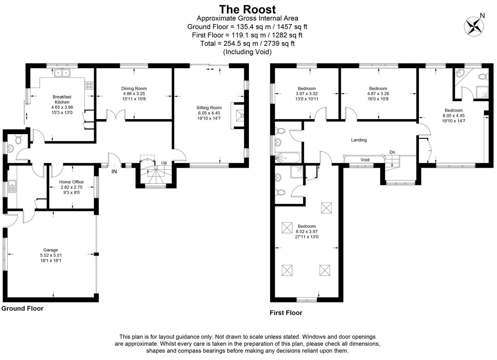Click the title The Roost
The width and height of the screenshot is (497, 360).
pyautogui.click(x=247, y=10)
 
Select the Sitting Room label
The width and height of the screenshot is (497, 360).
pyautogui.click(x=209, y=108)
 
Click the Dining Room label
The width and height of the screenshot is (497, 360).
pyautogui.click(x=134, y=88)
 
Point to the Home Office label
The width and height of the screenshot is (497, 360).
pyautogui.click(x=71, y=182)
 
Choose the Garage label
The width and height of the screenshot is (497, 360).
pyautogui.click(x=50, y=250)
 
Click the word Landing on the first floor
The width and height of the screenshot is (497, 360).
pyautogui.click(x=359, y=140)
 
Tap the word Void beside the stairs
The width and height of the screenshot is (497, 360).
pyautogui.click(x=365, y=160)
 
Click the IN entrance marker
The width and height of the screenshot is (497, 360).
pyautogui.click(x=114, y=171)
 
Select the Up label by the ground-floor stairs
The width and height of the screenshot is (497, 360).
pyautogui.click(x=164, y=163)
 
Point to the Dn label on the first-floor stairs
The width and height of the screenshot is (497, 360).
pyautogui.click(x=392, y=152)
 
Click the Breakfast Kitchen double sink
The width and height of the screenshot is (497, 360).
pyautogui.click(x=62, y=73)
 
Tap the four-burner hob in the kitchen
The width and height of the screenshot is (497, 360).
pyautogui.click(x=89, y=85)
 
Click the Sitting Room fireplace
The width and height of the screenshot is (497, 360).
pyautogui.click(x=239, y=116)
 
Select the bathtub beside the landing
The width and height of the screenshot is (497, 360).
pyautogui.click(x=288, y=158)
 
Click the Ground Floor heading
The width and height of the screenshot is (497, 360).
pyautogui.click(x=22, y=308)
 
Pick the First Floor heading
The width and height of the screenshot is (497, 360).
pyautogui.click(x=286, y=313)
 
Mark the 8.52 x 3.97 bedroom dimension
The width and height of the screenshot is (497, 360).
pyautogui.click(x=307, y=232)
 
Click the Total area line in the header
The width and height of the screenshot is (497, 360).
pyautogui.click(x=247, y=43)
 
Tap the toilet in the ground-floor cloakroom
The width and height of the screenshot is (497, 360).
pyautogui.click(x=18, y=139)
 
